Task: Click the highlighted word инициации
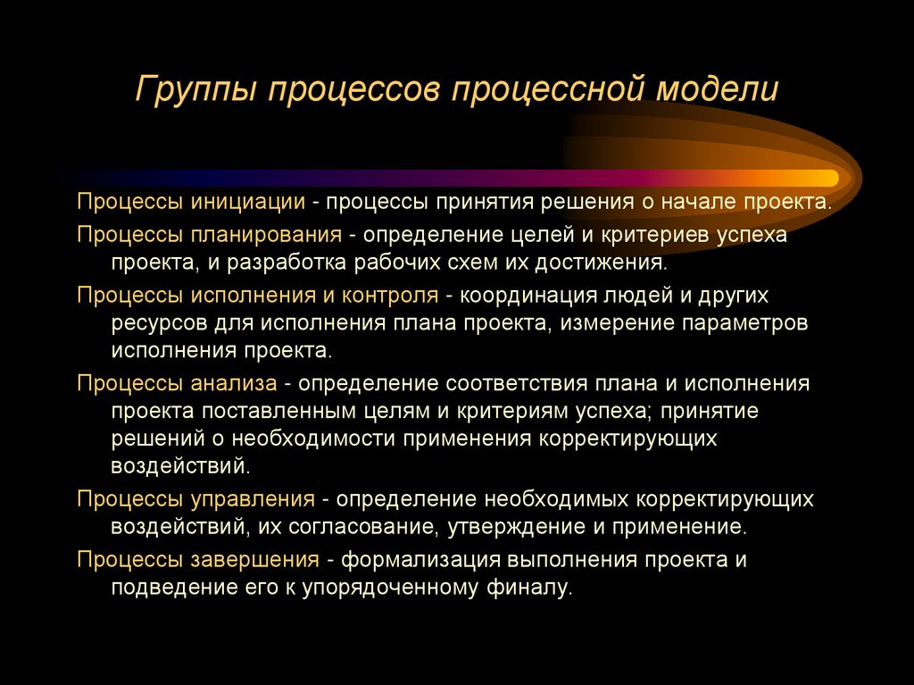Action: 248,203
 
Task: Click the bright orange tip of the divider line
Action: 830,177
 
